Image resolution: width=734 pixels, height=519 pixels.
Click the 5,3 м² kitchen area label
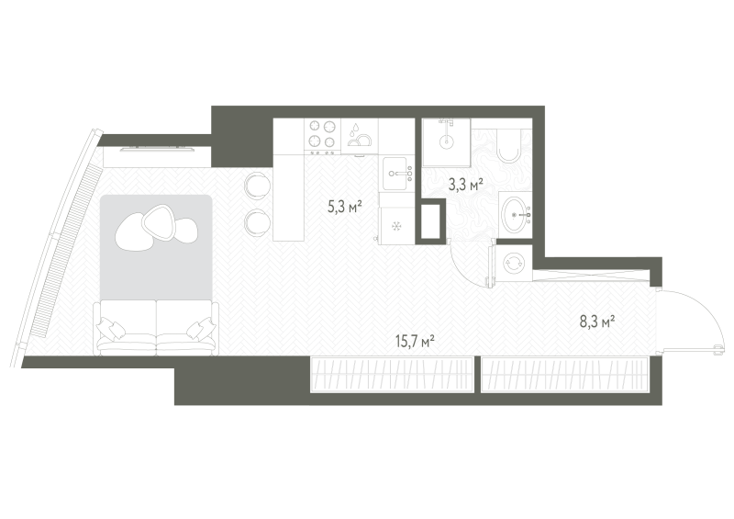click(x=346, y=207)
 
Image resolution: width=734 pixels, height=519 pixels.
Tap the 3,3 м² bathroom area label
click(x=465, y=185)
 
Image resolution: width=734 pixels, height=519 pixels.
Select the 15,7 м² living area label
click(x=416, y=342)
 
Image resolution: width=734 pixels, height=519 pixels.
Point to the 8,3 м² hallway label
click(x=597, y=322)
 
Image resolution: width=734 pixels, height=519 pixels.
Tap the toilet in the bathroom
click(x=509, y=145)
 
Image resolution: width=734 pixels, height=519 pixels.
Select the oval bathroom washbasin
click(x=516, y=215)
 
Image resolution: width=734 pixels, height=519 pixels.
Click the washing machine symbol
click(x=514, y=264)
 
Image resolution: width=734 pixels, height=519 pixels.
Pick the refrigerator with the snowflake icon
click(x=397, y=227)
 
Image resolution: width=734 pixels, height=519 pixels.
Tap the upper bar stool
click(x=257, y=186)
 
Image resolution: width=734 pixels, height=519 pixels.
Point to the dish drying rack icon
click(x=360, y=136)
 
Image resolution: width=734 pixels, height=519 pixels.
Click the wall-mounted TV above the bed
click(x=158, y=150)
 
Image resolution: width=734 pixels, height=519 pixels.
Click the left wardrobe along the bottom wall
click(x=393, y=374)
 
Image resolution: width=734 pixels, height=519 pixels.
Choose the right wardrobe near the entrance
click(x=564, y=374)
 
